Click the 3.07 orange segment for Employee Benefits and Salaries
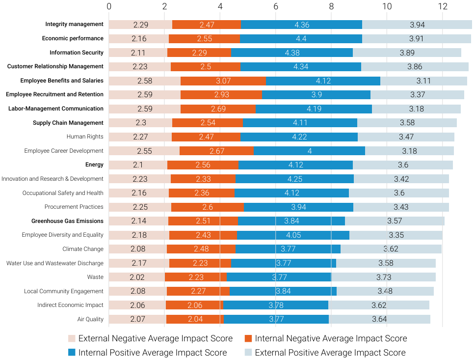pyautogui.click(x=223, y=81)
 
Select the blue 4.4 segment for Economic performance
pyautogui.click(x=301, y=38)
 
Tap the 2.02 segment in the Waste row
pyautogui.click(x=137, y=277)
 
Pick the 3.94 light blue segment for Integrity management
pyautogui.click(x=417, y=25)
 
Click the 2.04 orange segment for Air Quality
pyautogui.click(x=195, y=319)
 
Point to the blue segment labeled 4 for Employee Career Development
pyautogui.click(x=309, y=151)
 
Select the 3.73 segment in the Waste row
pyautogui.click(x=384, y=277)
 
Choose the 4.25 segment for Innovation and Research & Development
pyautogui.click(x=294, y=179)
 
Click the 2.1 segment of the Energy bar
pyautogui.click(x=138, y=165)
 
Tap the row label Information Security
pyautogui.click(x=77, y=53)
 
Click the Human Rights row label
pyautogui.click(x=85, y=137)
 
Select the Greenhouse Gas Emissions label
pyautogui.click(x=67, y=221)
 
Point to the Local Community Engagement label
pyautogui.click(x=64, y=291)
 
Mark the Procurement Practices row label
pyautogui.click(x=74, y=207)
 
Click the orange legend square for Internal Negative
pyautogui.click(x=248, y=338)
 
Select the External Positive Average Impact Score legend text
pyautogui.click(x=330, y=353)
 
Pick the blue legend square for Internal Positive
pyautogui.click(x=72, y=353)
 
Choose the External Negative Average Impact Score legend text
pyautogui.click(x=156, y=338)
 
